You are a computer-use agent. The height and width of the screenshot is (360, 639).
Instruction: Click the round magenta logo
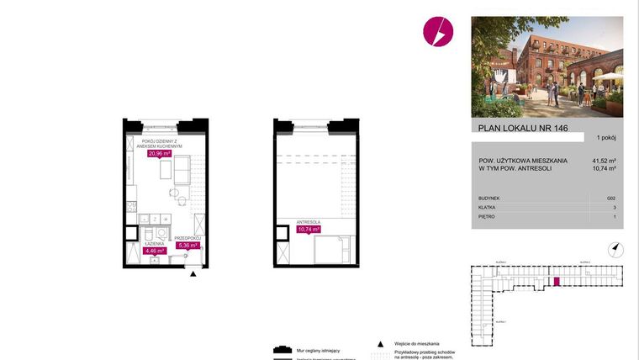[x=438, y=31]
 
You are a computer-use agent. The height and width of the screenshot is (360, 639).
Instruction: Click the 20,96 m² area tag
[x=160, y=154]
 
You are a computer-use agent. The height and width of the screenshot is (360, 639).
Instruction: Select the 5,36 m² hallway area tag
[x=187, y=246]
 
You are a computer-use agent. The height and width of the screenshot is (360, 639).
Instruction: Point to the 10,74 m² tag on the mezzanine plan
[x=310, y=229]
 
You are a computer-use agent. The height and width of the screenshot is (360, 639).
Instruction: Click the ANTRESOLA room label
[x=309, y=222]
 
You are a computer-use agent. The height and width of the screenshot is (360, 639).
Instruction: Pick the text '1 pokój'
[x=607, y=137]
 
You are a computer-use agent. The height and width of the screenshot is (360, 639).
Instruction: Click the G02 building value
[x=610, y=196]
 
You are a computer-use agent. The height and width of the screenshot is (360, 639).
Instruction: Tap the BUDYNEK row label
[x=488, y=196]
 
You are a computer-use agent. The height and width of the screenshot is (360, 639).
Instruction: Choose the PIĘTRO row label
[x=486, y=216]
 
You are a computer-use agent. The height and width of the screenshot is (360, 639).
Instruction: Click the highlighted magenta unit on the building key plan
[x=555, y=281]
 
